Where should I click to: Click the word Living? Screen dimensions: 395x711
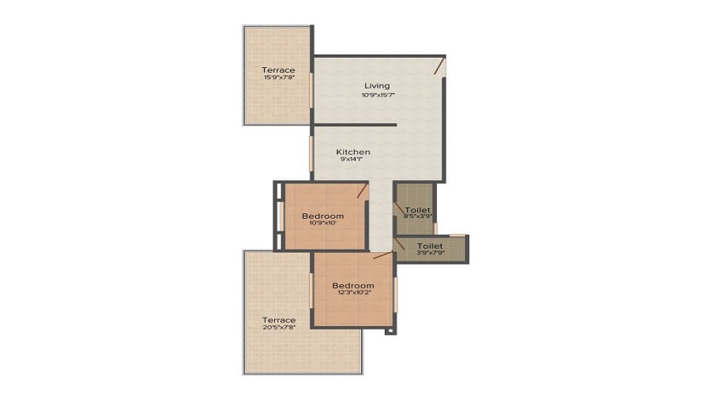coord(377,85)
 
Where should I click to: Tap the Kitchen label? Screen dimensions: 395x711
coord(353,152)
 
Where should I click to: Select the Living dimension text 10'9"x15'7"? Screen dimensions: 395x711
coord(377,95)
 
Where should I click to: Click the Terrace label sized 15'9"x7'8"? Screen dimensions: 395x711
coord(278,70)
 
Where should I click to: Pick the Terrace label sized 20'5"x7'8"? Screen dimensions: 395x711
coord(280,320)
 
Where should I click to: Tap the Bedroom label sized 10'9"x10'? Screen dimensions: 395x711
coord(322,216)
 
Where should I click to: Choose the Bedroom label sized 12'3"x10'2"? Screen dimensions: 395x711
coord(352,285)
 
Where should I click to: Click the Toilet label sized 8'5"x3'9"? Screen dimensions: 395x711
coord(418,209)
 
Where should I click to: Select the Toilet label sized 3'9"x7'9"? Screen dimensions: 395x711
coord(430,246)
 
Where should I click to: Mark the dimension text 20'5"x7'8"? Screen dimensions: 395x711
coord(280,329)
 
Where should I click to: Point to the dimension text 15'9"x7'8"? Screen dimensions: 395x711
coord(278,78)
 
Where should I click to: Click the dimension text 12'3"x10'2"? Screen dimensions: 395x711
coord(352,294)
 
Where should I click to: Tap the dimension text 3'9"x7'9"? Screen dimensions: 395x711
coord(430,254)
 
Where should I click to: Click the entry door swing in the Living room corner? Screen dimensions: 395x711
coord(438,66)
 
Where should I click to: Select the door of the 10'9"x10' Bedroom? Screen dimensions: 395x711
coord(362,190)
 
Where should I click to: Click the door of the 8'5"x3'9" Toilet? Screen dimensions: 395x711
coord(400,211)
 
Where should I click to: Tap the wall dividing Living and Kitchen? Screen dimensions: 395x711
coord(355,125)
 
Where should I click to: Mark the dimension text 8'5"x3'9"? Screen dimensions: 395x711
coord(418,217)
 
